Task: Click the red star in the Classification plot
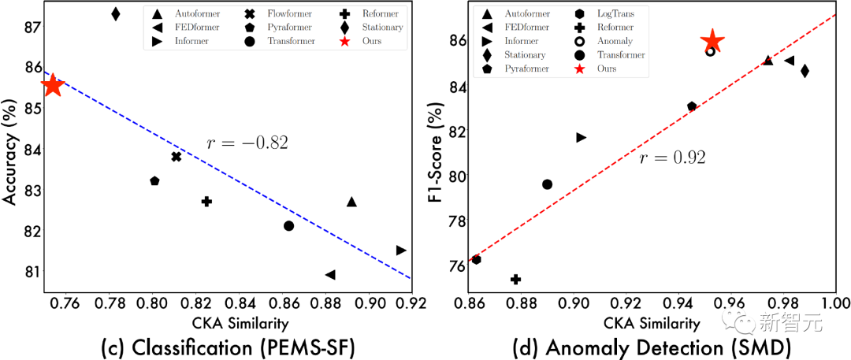click(52, 86)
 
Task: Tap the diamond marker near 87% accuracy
click(116, 14)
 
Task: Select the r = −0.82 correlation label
click(247, 143)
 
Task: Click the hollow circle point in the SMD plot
click(710, 51)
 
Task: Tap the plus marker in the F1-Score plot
click(516, 279)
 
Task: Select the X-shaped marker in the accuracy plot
click(177, 157)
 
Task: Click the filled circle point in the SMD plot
click(547, 184)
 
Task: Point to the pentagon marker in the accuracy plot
click(154, 181)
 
